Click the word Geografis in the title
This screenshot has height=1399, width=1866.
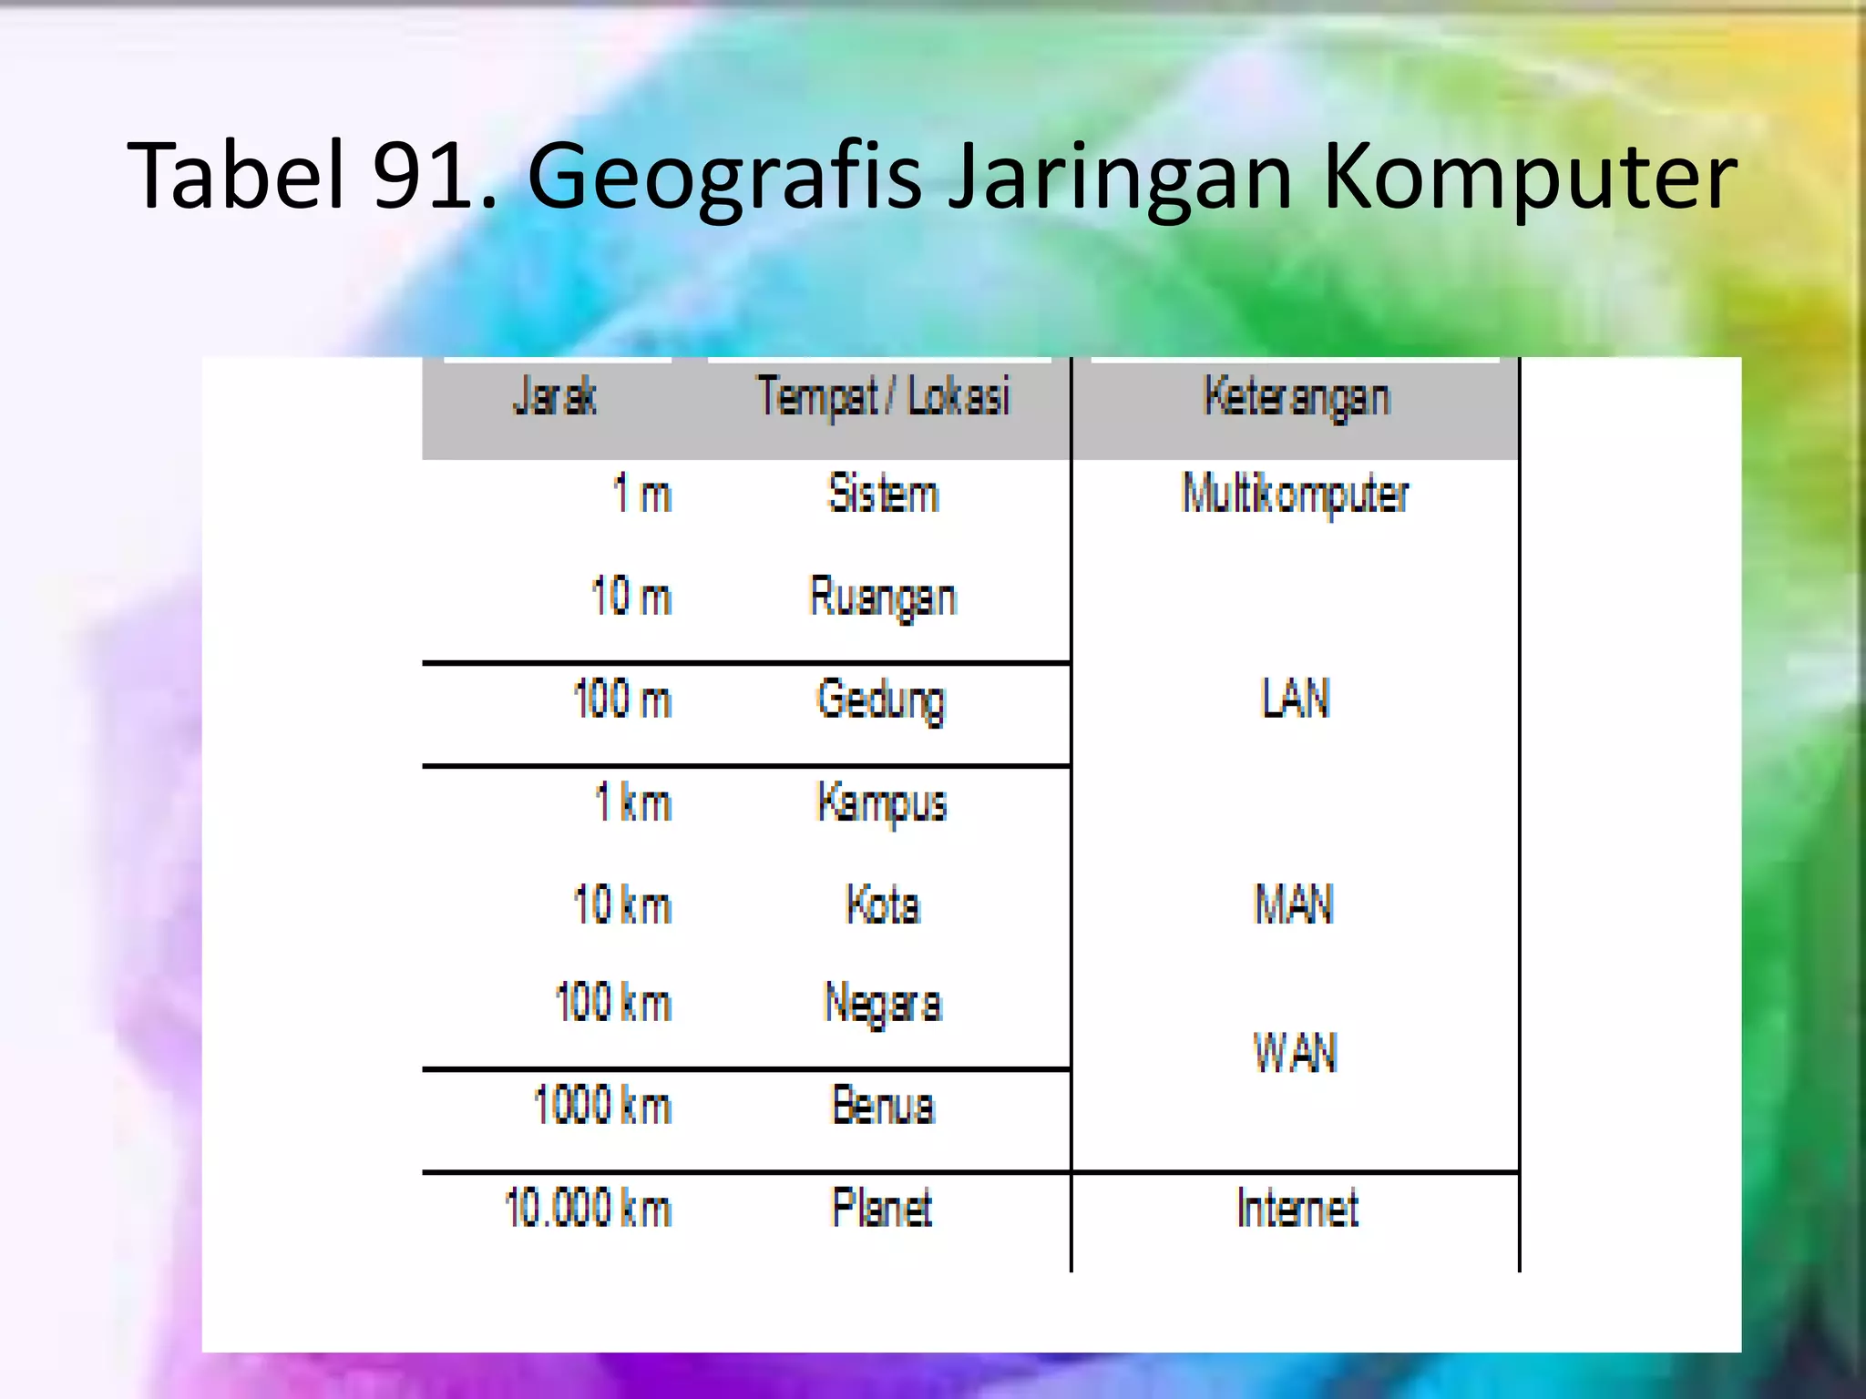(724, 177)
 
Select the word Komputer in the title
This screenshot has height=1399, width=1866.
(1528, 177)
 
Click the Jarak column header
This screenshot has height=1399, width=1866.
(555, 397)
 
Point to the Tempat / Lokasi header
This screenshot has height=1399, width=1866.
(883, 397)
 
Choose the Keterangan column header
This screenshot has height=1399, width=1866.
(1297, 397)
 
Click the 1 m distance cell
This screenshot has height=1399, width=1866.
(641, 495)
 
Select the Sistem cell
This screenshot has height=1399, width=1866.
(883, 495)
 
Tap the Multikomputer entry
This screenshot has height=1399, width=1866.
(1295, 495)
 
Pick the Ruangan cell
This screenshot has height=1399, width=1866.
(883, 597)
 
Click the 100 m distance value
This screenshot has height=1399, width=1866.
(622, 700)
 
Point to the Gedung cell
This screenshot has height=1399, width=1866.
(881, 700)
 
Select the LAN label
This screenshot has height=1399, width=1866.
(1296, 699)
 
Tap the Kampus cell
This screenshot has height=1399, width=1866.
(882, 803)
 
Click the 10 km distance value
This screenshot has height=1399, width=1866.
(622, 905)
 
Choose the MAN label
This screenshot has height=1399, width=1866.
(1295, 905)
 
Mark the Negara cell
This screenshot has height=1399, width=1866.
(883, 1004)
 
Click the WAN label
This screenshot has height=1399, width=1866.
(1296, 1052)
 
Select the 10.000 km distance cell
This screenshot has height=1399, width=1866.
(589, 1209)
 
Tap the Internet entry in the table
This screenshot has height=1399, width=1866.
(1297, 1209)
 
